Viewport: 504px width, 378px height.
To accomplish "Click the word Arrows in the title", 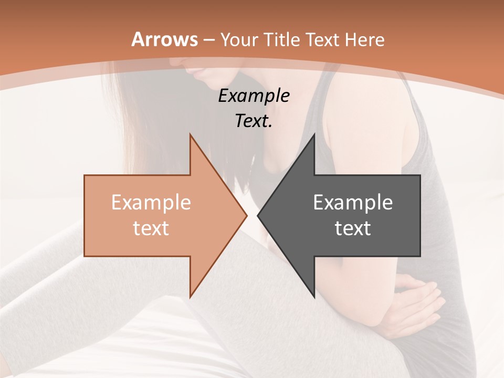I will pyautogui.click(x=165, y=39).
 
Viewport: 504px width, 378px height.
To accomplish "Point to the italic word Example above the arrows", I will pyautogui.click(x=254, y=96).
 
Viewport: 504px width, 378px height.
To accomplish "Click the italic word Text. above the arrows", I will pyautogui.click(x=254, y=121).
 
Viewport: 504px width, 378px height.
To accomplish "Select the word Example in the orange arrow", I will pyautogui.click(x=151, y=202).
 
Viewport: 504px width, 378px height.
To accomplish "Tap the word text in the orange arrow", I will pyautogui.click(x=151, y=228).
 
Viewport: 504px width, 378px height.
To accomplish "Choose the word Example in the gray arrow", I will pyautogui.click(x=353, y=202).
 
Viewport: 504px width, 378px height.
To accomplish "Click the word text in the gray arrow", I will pyautogui.click(x=353, y=228).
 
